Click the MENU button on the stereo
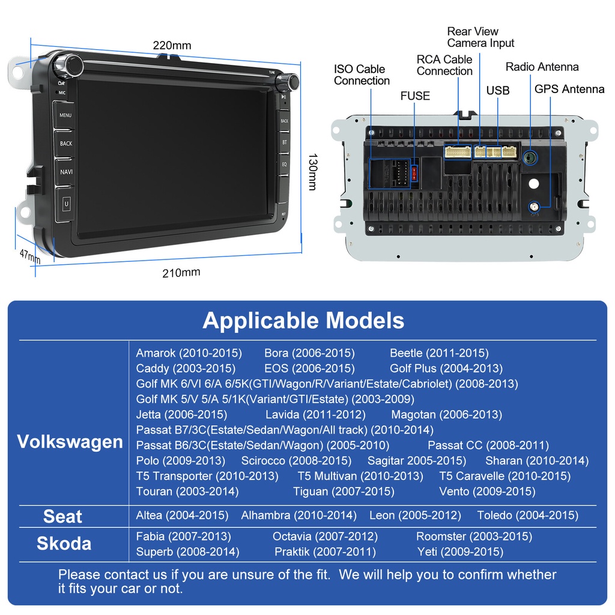point(65,115)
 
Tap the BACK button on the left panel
point(65,144)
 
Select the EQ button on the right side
point(285,163)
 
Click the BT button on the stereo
point(285,142)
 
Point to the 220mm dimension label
point(172,46)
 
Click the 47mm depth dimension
point(29,256)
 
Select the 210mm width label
point(181,273)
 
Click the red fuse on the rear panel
point(414,174)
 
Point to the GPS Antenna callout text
point(569,89)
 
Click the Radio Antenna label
point(542,67)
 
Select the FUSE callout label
point(415,96)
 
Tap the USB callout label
point(498,91)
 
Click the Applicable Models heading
point(303,320)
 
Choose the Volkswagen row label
point(70,442)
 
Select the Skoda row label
point(64,544)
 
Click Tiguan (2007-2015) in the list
point(344,491)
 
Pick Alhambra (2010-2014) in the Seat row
point(298,515)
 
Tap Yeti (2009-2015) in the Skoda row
point(460,551)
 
